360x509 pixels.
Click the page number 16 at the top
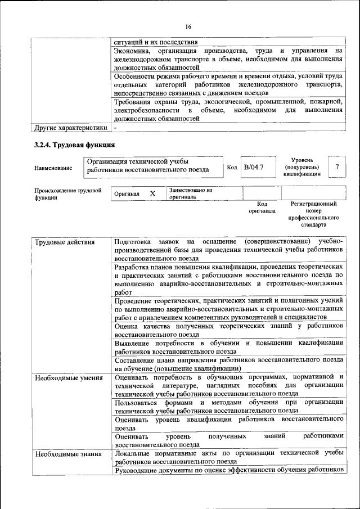(188, 26)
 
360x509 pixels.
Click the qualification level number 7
(336, 167)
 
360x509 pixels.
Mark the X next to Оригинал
(152, 193)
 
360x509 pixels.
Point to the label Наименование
(53, 168)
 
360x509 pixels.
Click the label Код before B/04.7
(232, 167)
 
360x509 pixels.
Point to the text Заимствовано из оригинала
(190, 193)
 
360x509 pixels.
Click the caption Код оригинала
(262, 208)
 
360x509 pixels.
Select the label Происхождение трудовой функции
(67, 194)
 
